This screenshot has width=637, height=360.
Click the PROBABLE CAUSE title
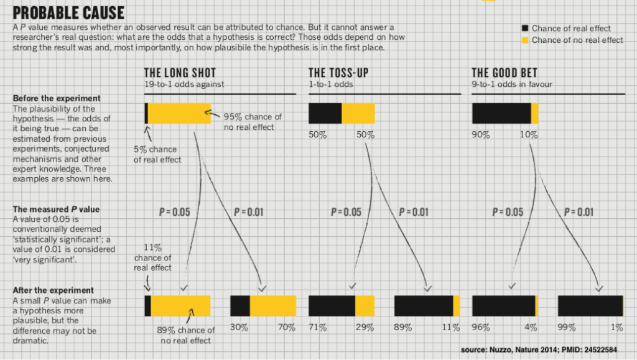[x=68, y=12]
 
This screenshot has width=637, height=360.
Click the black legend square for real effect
[x=524, y=28]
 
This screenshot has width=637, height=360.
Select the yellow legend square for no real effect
[x=524, y=40]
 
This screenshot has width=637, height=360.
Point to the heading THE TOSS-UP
[x=338, y=73]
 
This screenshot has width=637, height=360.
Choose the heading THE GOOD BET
[x=504, y=73]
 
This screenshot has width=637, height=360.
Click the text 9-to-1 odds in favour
[x=511, y=84]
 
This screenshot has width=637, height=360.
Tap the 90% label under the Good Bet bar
[x=481, y=135]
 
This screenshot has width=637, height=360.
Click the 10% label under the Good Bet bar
[x=529, y=135]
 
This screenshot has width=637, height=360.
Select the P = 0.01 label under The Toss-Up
[x=412, y=212]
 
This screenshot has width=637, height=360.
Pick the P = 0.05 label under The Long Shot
[x=174, y=212]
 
